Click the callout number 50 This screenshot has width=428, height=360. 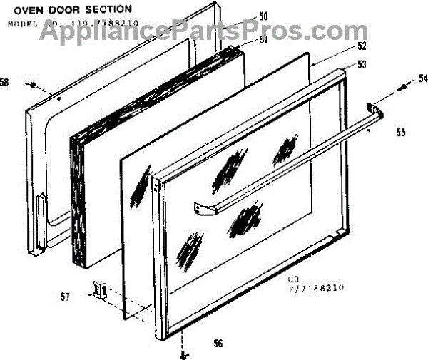click(x=243, y=16)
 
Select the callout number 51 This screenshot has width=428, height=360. click(x=243, y=40)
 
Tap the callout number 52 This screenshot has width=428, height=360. click(x=362, y=46)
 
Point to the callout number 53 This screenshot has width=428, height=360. click(x=362, y=64)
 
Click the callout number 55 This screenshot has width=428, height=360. click(x=401, y=132)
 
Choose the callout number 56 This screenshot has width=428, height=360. click(x=218, y=343)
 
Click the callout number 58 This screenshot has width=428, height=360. click(x=5, y=83)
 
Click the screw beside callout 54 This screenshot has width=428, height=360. click(x=403, y=88)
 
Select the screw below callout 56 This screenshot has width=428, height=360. click(x=185, y=354)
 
